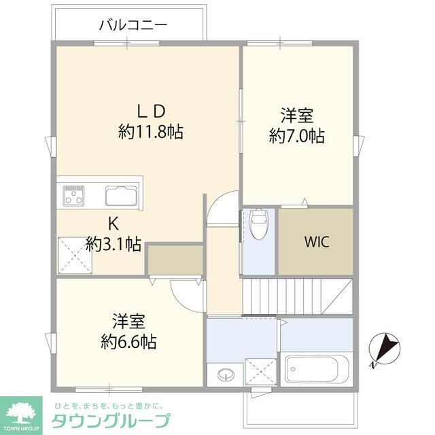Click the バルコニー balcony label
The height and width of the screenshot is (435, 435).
click(133, 26)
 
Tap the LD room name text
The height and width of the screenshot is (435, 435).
click(152, 109)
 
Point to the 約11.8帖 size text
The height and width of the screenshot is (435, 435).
click(150, 131)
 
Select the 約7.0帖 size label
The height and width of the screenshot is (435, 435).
click(296, 136)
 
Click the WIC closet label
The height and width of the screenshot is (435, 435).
click(316, 242)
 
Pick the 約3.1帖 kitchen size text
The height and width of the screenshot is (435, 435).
click(114, 244)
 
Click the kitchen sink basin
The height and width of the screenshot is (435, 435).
click(121, 196)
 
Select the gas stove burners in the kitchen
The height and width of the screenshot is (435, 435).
click(73, 196)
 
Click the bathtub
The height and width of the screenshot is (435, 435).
click(316, 369)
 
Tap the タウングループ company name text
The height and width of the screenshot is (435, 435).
click(113, 420)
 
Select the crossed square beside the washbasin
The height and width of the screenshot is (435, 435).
click(259, 371)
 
